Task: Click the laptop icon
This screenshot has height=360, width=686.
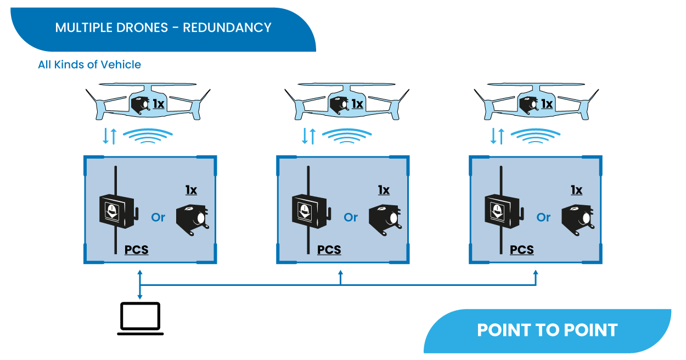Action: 140,318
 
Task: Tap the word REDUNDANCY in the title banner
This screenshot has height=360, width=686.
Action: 227,27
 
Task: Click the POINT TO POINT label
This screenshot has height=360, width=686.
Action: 547,330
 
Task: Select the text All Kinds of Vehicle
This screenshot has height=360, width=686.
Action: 89,65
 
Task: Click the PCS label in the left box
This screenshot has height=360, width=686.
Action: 137,250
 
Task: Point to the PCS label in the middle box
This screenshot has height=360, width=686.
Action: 329,250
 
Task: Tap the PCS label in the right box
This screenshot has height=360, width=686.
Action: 522,250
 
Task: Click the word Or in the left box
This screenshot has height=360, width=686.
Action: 158,217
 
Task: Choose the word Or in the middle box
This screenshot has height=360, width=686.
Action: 351,217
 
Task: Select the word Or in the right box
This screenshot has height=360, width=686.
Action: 543,217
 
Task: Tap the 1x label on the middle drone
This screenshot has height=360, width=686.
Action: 357,103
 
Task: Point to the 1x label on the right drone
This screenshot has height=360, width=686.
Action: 547,103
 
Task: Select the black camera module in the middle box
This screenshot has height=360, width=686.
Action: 385,220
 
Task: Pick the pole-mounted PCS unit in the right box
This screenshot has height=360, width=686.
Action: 501,211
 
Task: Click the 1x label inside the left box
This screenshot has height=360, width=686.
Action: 191,190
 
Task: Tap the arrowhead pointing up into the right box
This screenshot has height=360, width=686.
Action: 536,273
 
